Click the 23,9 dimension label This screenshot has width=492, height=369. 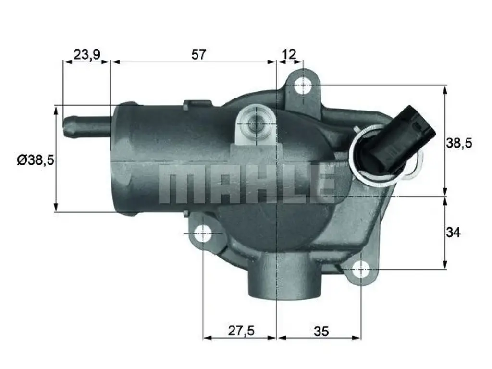[x=87, y=55]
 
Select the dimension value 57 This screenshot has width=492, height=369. [x=198, y=55]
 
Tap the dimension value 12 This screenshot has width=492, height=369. [x=289, y=55]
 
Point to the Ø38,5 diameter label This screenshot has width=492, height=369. [x=36, y=160]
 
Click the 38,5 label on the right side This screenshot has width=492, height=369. [x=459, y=143]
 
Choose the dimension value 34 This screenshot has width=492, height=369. [x=453, y=233]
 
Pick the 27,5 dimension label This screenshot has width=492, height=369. [x=241, y=331]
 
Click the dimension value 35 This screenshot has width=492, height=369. [x=321, y=332]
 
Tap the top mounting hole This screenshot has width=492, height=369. [x=303, y=85]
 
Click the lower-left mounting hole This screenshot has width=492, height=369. [x=203, y=234]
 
